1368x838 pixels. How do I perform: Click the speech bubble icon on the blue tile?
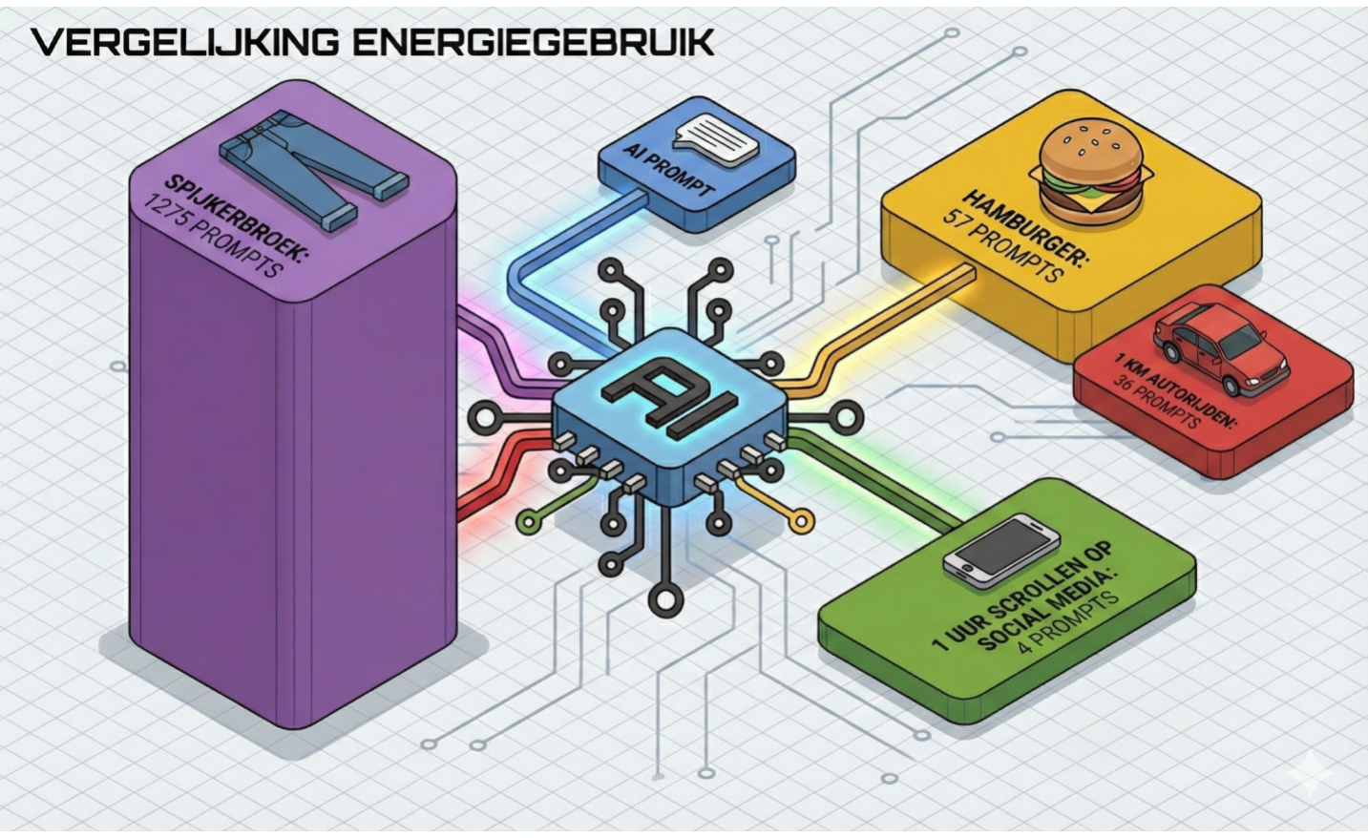[x=716, y=137]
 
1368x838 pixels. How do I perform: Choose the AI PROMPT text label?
[x=668, y=170]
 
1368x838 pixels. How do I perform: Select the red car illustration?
[x=1223, y=348]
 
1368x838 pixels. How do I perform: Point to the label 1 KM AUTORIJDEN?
[x=1174, y=391]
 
